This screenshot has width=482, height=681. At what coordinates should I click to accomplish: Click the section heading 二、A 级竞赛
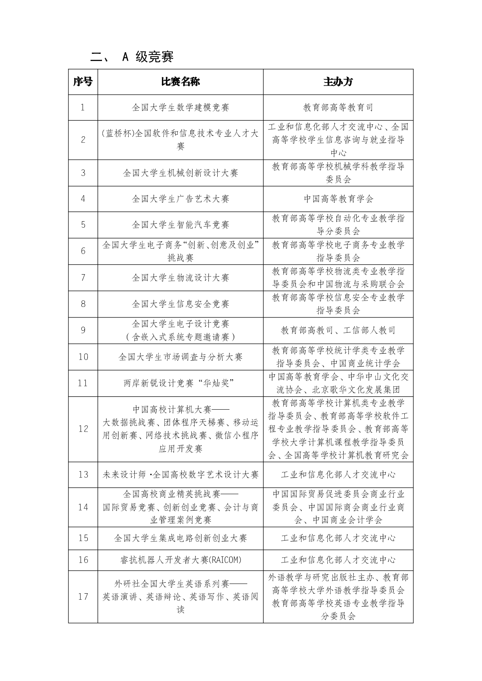(132, 57)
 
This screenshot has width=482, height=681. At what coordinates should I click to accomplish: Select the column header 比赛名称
(180, 82)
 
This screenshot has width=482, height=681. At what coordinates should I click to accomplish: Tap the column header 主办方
(338, 82)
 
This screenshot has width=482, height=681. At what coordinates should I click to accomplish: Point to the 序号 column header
(83, 82)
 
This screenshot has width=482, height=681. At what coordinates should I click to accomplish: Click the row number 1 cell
(83, 108)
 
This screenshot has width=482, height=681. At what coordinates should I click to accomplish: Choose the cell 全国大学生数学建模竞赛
(180, 108)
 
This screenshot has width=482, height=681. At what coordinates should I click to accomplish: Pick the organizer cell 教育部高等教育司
(338, 108)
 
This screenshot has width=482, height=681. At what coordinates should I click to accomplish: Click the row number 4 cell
(83, 199)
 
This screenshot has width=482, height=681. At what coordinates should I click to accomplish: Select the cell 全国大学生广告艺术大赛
(180, 199)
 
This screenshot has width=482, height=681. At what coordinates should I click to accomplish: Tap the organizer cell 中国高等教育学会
(338, 199)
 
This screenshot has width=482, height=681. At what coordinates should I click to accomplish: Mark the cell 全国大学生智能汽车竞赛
(180, 225)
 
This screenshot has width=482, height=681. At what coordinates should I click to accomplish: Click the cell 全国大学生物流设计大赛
(180, 278)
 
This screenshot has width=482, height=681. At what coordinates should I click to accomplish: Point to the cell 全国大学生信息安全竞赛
(180, 304)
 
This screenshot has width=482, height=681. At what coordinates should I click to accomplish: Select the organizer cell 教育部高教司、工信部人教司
(338, 330)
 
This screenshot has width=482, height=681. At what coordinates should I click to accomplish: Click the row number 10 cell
(83, 357)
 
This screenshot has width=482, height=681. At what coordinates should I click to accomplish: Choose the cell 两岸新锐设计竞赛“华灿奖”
(180, 383)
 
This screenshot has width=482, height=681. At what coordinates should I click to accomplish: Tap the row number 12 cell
(83, 429)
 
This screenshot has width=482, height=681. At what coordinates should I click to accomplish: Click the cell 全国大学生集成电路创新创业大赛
(180, 538)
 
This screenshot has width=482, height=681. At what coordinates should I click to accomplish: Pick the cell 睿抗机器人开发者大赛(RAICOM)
(180, 560)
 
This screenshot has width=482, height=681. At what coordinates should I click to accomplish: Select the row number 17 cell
(83, 597)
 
